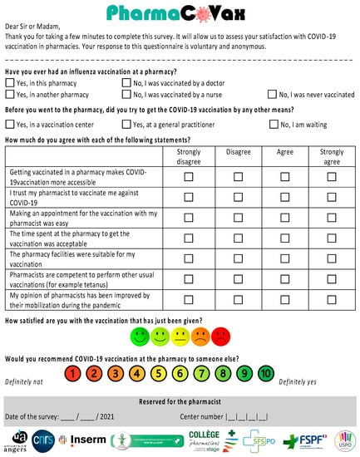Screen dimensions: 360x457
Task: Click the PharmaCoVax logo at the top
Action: tap(180, 12)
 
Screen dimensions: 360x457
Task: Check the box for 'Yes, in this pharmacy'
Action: tap(9, 83)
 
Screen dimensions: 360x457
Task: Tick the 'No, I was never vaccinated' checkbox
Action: tap(272, 95)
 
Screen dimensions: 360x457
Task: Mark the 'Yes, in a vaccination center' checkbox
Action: tap(9, 124)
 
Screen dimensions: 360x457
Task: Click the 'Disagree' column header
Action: tap(237, 152)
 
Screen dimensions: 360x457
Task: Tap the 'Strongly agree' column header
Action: tap(331, 156)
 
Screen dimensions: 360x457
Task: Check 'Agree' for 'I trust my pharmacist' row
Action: tap(284, 197)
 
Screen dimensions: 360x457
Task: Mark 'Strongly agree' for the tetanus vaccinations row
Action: tap(331, 278)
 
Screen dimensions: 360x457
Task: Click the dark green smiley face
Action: tap(139, 337)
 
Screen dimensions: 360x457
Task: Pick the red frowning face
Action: tap(220, 337)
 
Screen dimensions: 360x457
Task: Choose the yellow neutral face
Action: tap(180, 337)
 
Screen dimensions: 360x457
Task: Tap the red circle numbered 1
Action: tap(74, 373)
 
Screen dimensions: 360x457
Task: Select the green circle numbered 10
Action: tap(265, 373)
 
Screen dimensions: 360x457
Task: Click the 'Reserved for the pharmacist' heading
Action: tap(180, 401)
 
